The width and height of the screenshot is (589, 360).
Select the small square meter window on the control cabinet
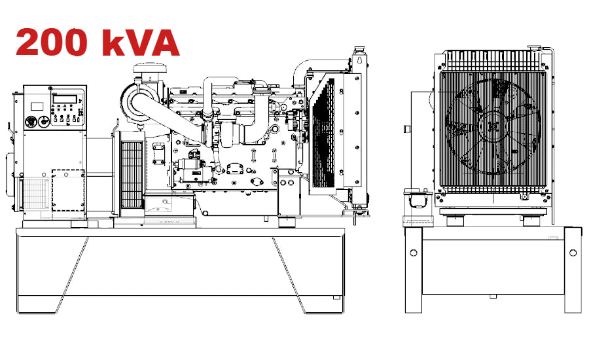pos(36,105)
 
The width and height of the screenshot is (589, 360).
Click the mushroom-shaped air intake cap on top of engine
pos(145,68)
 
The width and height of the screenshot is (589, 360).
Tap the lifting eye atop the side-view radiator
pos(358,56)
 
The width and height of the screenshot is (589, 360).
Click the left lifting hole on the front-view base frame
pos(413,252)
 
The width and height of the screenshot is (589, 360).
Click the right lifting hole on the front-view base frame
pos(573,252)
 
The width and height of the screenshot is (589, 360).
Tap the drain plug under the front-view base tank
pos(492,297)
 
